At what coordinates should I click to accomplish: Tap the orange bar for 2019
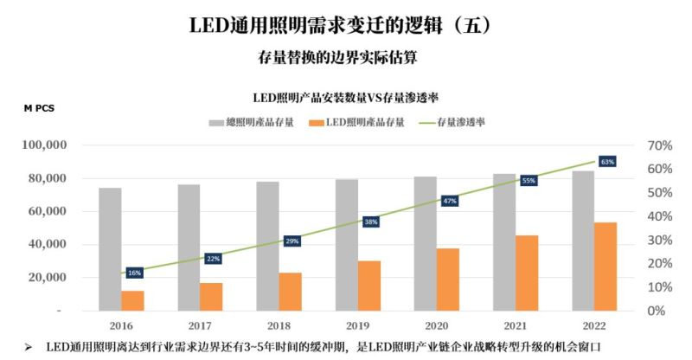(x=368, y=286)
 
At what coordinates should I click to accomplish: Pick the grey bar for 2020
(x=425, y=243)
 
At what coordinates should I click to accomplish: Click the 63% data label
(x=607, y=162)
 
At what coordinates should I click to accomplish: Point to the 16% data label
(x=134, y=273)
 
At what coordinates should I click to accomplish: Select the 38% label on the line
(x=370, y=222)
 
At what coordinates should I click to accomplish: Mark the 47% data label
(x=449, y=201)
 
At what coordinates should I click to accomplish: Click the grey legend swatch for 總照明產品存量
(x=216, y=122)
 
